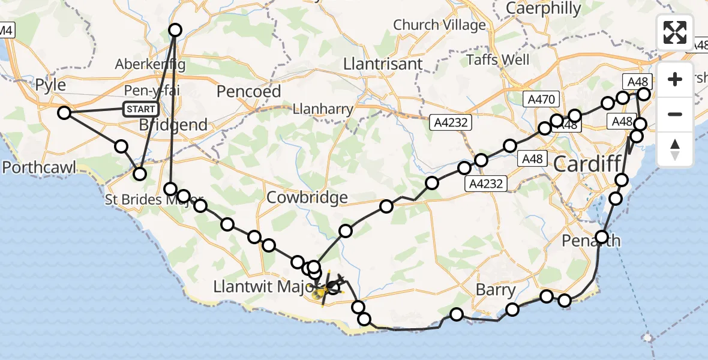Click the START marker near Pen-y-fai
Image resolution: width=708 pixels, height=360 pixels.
pyautogui.click(x=141, y=109)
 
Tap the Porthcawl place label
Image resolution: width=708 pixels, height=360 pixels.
pyautogui.click(x=39, y=167)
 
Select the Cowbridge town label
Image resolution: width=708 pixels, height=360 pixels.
pyautogui.click(x=307, y=197)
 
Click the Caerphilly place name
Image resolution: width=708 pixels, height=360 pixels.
pyautogui.click(x=544, y=8)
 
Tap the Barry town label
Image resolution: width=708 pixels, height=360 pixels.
pyautogui.click(x=495, y=290)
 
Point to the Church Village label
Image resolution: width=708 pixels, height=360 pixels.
pyautogui.click(x=439, y=25)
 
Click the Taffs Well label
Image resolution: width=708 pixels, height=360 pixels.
pyautogui.click(x=498, y=59)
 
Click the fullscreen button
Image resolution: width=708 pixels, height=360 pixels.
pyautogui.click(x=675, y=32)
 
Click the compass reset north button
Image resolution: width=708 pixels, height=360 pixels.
pyautogui.click(x=675, y=149)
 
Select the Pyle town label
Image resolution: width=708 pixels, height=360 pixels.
pyautogui.click(x=50, y=85)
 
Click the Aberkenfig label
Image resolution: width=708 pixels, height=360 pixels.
pyautogui.click(x=150, y=64)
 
